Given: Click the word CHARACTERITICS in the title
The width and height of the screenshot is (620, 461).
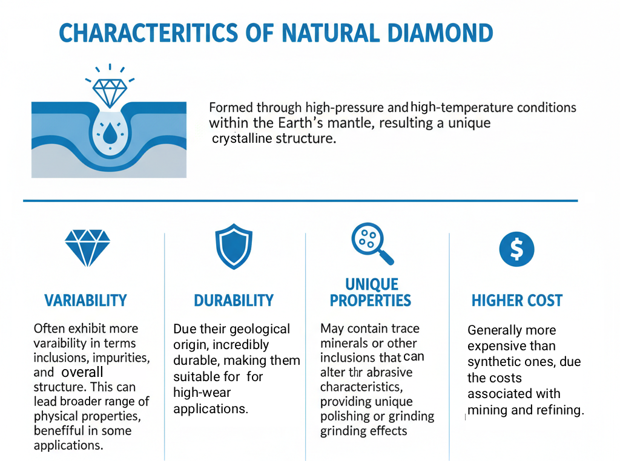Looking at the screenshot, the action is (x=148, y=33).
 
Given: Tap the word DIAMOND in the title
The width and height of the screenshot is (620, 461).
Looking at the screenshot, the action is (x=440, y=33).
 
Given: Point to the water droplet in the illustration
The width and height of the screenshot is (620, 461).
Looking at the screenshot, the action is (x=110, y=133).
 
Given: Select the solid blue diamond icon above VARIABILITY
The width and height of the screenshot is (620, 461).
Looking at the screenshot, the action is (x=87, y=248).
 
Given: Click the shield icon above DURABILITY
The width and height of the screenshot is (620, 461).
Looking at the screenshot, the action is (x=234, y=246).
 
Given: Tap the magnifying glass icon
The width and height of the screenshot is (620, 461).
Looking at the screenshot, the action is (x=372, y=243).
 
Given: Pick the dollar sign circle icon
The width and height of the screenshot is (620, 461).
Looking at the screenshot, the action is (x=516, y=249).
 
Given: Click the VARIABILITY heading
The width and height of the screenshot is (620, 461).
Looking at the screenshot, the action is (x=85, y=301).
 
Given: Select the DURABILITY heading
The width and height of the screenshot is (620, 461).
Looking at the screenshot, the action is (x=234, y=301).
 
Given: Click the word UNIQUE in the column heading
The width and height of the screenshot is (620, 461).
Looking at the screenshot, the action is (x=372, y=284).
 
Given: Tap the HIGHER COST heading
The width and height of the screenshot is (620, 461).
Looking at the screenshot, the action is (x=517, y=301).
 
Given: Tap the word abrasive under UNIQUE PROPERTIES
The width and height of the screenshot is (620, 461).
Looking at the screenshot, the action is (x=389, y=372).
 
